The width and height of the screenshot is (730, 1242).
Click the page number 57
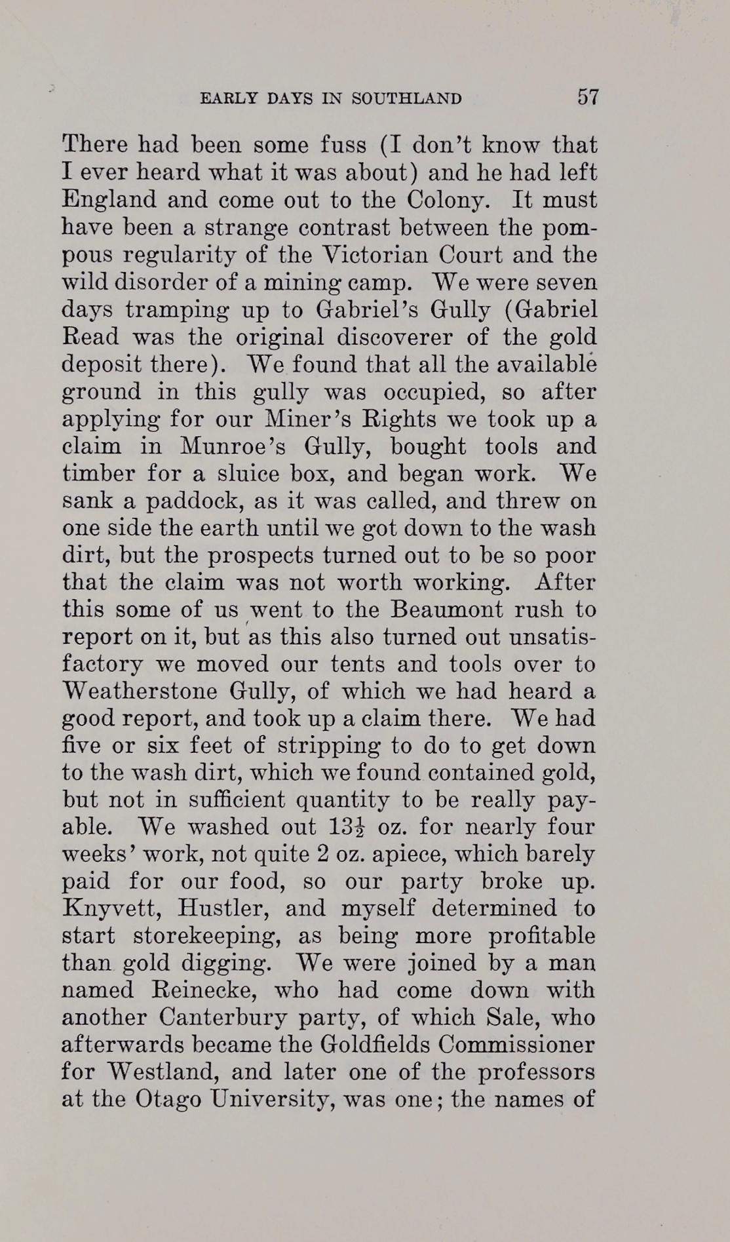click(588, 98)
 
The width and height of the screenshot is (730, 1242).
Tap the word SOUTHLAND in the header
click(406, 99)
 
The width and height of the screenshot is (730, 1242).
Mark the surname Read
click(90, 337)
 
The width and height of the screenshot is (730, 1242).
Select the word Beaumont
click(447, 610)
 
